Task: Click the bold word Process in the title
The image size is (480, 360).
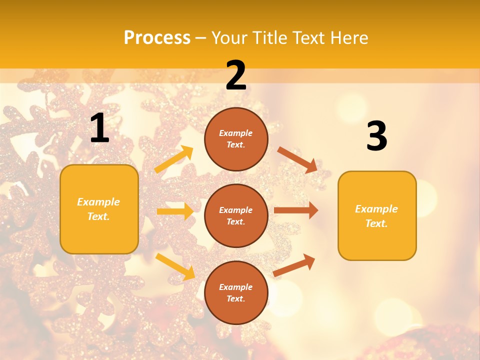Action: pyautogui.click(x=157, y=37)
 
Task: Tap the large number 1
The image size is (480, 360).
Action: pyautogui.click(x=99, y=128)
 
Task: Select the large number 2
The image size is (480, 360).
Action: pyautogui.click(x=236, y=76)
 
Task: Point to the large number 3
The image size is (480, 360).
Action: pyautogui.click(x=376, y=136)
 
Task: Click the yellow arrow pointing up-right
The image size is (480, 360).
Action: pyautogui.click(x=174, y=159)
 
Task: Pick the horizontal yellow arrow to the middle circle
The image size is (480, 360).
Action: pyautogui.click(x=175, y=211)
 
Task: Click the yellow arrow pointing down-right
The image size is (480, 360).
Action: pyautogui.click(x=175, y=266)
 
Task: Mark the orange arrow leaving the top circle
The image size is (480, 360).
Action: pyautogui.click(x=297, y=159)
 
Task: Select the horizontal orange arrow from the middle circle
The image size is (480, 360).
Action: pyautogui.click(x=295, y=210)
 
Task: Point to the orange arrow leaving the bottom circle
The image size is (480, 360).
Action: pyautogui.click(x=294, y=265)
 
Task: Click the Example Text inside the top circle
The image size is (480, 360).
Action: pyautogui.click(x=236, y=139)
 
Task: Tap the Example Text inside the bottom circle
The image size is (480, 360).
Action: pyautogui.click(x=236, y=293)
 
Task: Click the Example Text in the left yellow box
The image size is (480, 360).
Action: pyautogui.click(x=99, y=209)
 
